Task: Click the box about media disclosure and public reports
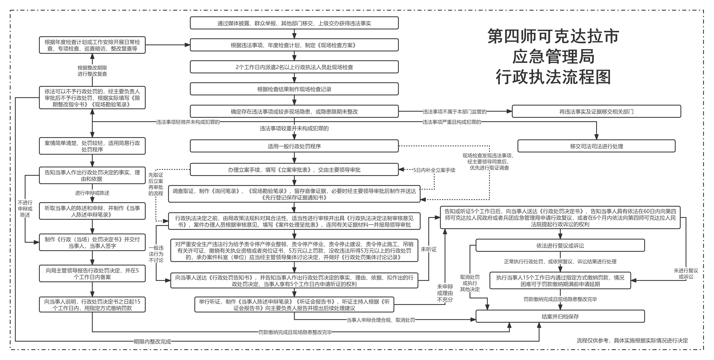point(294,23)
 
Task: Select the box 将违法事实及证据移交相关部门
point(596,111)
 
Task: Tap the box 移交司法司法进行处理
point(596,146)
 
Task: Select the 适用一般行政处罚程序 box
point(294,146)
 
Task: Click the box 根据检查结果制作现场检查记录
point(294,89)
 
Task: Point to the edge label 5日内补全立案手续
point(434,170)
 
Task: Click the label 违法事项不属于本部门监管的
point(455,111)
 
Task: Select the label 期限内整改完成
point(152,341)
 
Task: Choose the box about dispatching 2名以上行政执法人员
point(294,67)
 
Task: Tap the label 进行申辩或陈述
point(92,193)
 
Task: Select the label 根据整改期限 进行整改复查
point(92,71)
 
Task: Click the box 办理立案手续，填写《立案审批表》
point(294,170)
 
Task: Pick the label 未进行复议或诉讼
point(686,273)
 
